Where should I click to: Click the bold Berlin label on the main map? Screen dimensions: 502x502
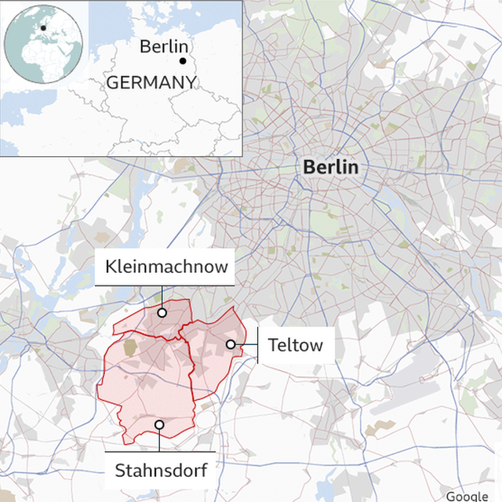[330, 167]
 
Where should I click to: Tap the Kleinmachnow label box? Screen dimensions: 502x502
[166, 267]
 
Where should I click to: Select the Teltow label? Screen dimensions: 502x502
[295, 345]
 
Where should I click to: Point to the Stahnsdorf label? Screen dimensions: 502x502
[161, 471]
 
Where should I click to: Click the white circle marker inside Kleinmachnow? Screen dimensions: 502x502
[162, 312]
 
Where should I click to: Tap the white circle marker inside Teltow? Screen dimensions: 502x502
[231, 344]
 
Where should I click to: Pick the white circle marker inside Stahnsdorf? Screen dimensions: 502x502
[159, 424]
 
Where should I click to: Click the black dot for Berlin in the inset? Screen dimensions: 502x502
[183, 60]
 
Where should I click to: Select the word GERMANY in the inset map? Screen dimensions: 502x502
[150, 82]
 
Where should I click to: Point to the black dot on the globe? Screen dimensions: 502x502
[44, 28]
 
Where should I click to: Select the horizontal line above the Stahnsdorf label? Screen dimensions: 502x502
[160, 451]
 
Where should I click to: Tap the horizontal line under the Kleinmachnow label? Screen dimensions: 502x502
[166, 286]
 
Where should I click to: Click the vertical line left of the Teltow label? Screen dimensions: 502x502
[258, 345]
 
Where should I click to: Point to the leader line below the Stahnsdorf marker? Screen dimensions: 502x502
[159, 439]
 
